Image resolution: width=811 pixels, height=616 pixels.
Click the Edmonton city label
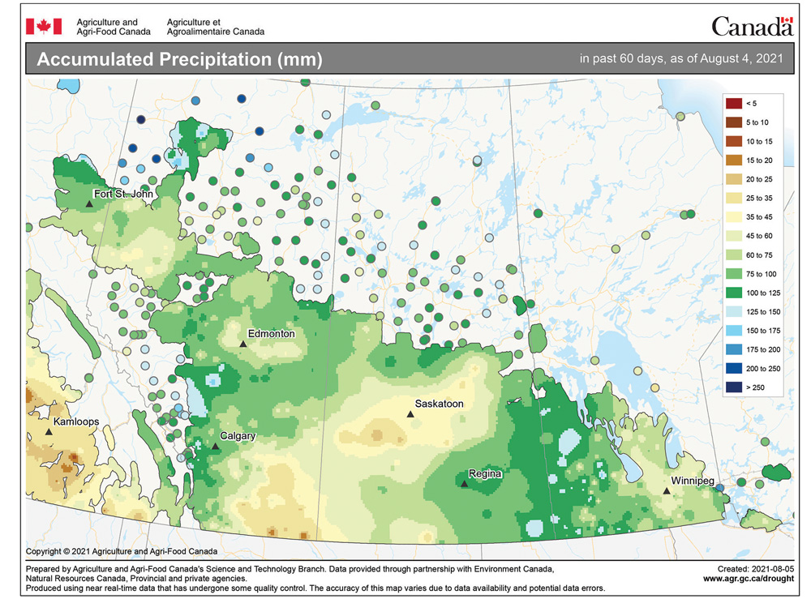pyautogui.click(x=272, y=334)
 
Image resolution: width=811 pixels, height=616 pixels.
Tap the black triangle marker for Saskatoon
pyautogui.click(x=410, y=414)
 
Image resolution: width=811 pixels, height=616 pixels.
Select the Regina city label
pyautogui.click(x=485, y=473)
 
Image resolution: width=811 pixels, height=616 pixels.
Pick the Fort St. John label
pyautogui.click(x=123, y=194)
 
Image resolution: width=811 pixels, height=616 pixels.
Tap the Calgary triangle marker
pyautogui.click(x=215, y=447)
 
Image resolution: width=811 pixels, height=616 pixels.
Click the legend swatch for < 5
pyautogui.click(x=734, y=103)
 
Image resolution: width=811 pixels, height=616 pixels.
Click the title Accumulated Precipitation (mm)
pyautogui.click(x=180, y=60)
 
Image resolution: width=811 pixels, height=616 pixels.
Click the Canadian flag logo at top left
pyautogui.click(x=44, y=27)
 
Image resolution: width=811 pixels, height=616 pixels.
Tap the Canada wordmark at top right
pyautogui.click(x=751, y=27)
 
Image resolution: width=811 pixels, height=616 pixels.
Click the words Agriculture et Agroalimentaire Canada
pyautogui.click(x=215, y=27)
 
